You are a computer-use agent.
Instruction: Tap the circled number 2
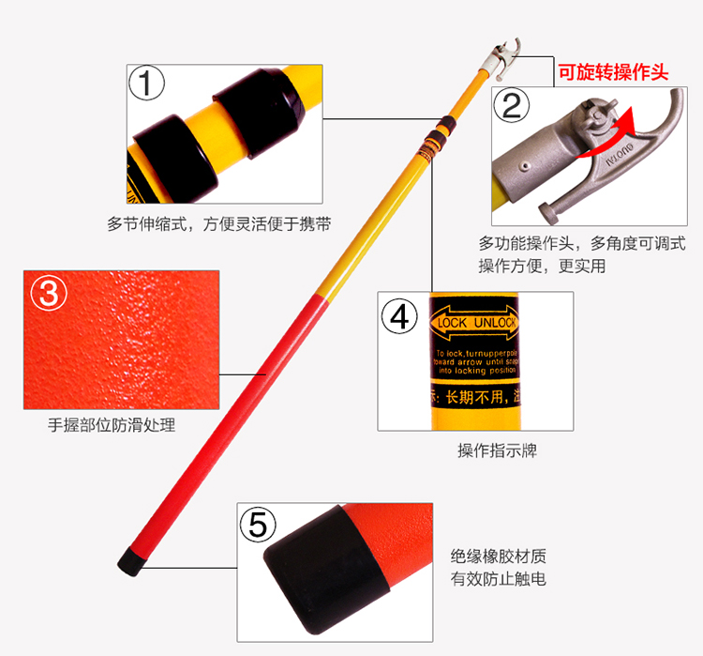511,105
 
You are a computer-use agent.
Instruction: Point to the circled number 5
258,524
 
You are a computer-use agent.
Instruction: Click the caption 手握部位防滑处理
112,424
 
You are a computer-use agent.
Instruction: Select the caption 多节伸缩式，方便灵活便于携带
219,224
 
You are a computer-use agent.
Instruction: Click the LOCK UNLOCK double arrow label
473,323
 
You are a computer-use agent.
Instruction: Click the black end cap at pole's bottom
130,561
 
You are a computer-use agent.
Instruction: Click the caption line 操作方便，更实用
542,266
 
